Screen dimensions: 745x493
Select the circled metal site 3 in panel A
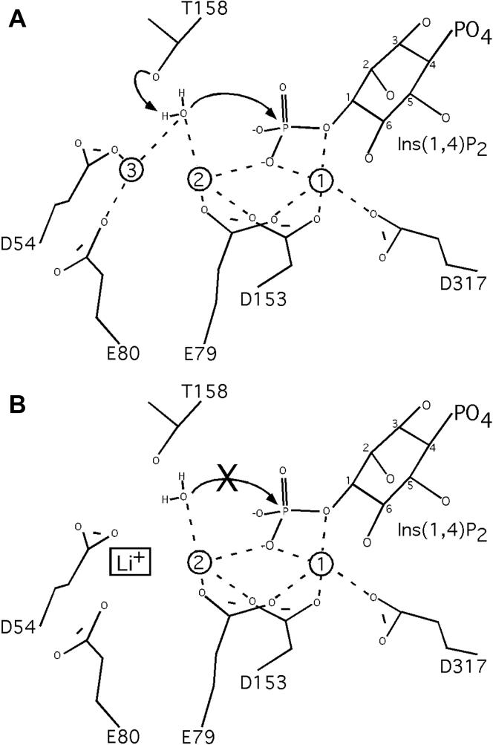click(131, 170)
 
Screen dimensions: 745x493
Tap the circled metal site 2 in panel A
click(198, 179)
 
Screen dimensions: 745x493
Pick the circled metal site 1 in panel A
click(322, 179)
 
